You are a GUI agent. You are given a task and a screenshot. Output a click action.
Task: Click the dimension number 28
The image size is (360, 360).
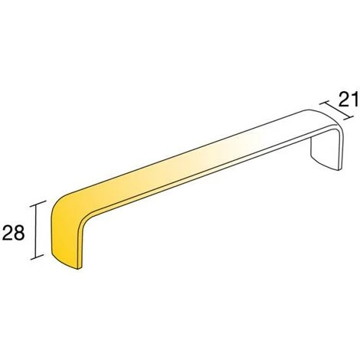coord(13,233)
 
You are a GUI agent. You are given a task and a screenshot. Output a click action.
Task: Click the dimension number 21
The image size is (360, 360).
coord(349,100)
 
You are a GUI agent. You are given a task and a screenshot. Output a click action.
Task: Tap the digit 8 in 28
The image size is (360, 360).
coord(19,233)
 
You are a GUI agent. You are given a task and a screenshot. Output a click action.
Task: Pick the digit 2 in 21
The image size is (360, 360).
coord(344,100)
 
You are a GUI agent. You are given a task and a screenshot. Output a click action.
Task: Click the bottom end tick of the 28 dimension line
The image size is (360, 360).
coord(38,257)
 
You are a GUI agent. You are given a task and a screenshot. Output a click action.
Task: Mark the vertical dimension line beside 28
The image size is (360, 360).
coord(37,231)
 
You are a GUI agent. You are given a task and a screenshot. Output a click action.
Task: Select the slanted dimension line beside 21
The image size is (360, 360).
coord(336,110)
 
